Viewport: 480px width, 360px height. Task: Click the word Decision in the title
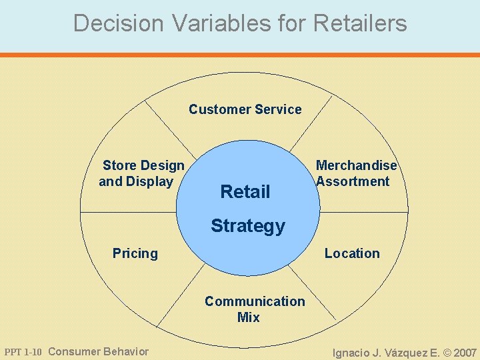[x=118, y=23]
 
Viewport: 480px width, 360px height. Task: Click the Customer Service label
[x=245, y=109]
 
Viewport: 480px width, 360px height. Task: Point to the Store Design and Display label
[x=141, y=173]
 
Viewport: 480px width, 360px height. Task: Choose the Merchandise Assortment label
[x=355, y=173]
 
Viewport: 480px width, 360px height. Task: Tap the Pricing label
[x=135, y=253]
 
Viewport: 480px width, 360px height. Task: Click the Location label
[x=352, y=253]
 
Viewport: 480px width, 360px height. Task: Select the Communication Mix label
[x=254, y=309]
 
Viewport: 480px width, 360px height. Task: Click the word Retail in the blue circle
[x=245, y=192]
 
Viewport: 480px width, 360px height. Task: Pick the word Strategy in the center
[x=247, y=226]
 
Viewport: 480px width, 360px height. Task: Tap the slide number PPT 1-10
[x=23, y=352]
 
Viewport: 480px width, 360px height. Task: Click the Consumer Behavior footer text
[x=99, y=352]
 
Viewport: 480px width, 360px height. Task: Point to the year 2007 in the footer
[x=465, y=353]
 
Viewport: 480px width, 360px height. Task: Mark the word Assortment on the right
[x=353, y=181]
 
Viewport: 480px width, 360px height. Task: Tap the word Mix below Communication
[x=248, y=317]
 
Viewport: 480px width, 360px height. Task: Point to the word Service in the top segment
[x=277, y=109]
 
